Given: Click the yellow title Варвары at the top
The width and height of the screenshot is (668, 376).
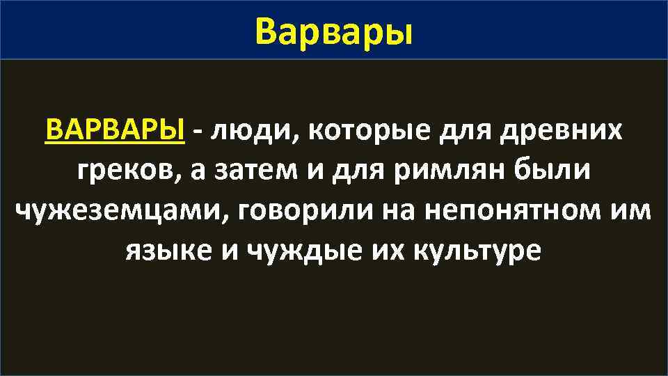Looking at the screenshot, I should (x=333, y=31).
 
